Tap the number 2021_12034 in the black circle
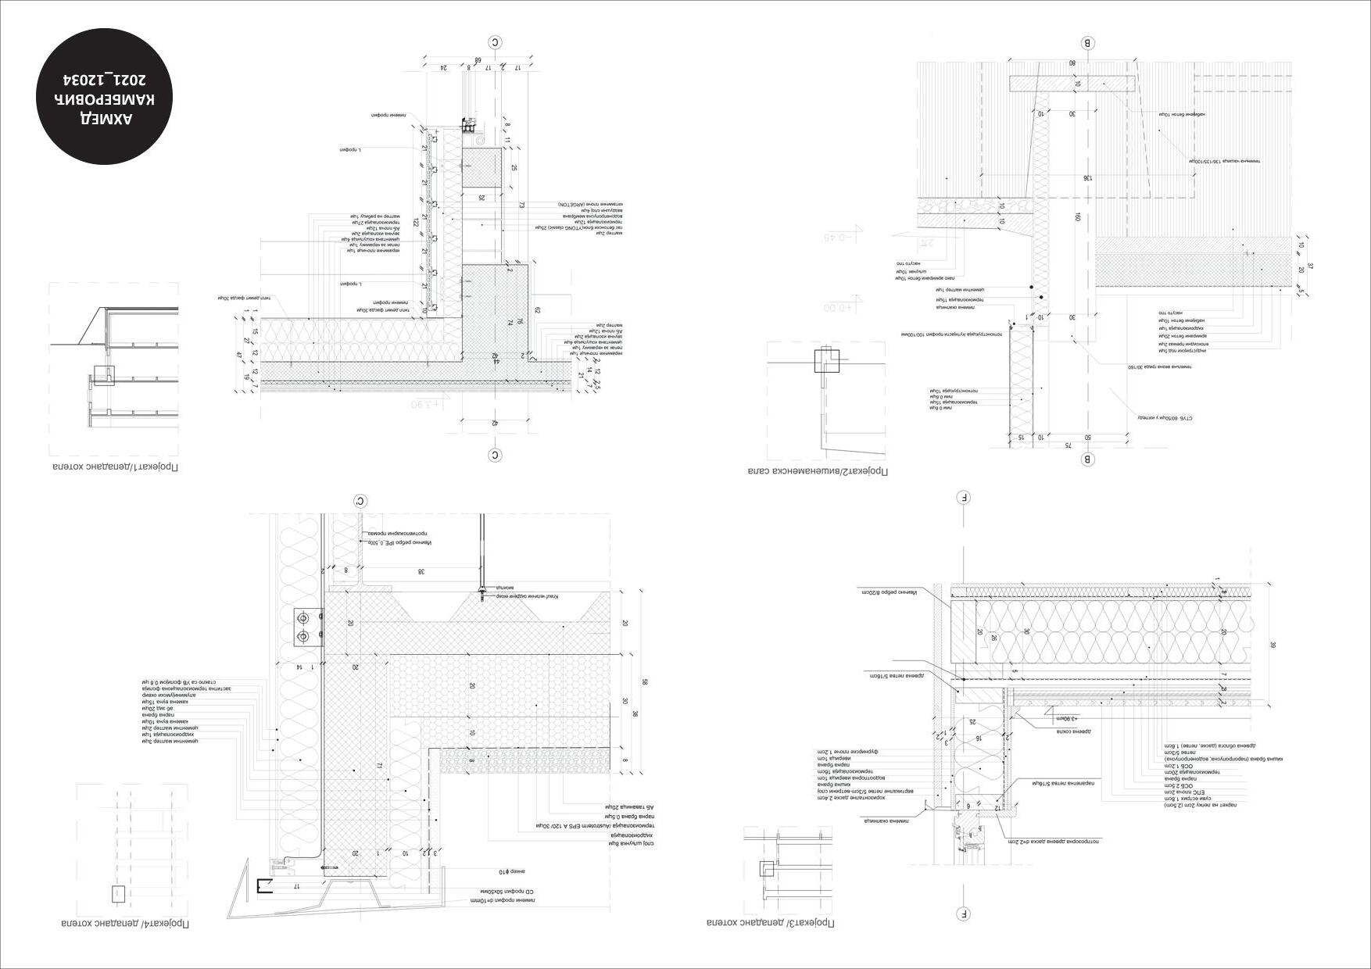(x=106, y=80)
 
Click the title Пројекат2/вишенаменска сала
(x=818, y=471)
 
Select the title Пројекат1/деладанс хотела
(x=116, y=467)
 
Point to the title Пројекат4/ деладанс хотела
(x=125, y=924)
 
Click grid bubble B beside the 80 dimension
(x=1087, y=43)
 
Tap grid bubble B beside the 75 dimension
(x=1087, y=459)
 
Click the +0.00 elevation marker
(x=839, y=307)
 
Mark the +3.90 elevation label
(x=426, y=404)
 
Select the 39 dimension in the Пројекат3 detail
(x=1273, y=645)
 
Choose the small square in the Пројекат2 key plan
(x=827, y=361)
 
